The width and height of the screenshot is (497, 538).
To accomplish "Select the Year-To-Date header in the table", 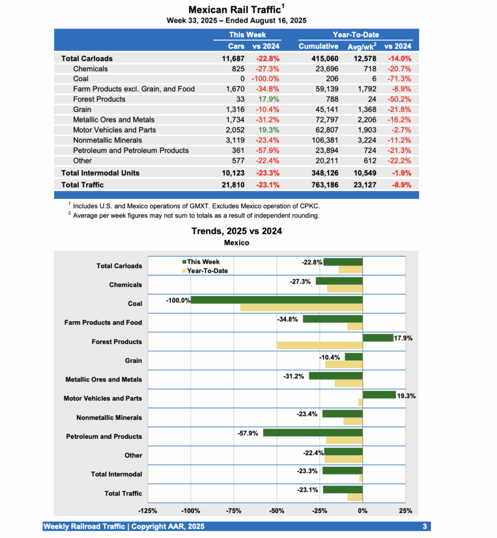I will point(356,35).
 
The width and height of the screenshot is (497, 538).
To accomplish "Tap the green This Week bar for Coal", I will point(276,300).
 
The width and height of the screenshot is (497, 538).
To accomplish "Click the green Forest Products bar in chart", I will point(378,338).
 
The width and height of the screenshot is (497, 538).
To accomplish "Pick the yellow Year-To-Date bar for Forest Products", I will point(319,346).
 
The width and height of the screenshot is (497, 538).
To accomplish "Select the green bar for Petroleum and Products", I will point(313,433).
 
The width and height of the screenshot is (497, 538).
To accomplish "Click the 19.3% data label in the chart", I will point(406,396).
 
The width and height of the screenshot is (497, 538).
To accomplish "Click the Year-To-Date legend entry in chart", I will point(208,271).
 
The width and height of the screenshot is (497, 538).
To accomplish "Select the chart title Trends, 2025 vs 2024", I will point(236,231).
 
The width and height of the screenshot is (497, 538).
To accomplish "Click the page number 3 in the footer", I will point(424,526).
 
